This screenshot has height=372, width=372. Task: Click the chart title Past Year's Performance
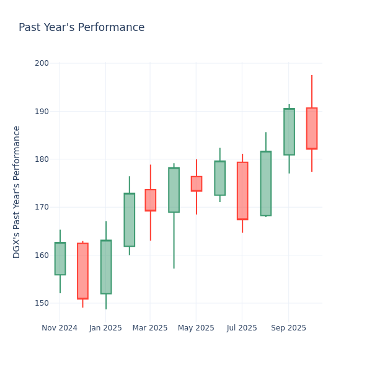81,28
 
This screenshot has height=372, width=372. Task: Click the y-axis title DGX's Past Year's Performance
17,192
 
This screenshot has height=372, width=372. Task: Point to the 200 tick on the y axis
42,63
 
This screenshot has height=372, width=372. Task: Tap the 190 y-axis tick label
42,112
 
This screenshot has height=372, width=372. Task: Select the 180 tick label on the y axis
42,159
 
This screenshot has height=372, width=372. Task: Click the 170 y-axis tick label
42,207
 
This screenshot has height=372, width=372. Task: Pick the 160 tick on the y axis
42,255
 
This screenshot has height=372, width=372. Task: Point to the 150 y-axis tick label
42,303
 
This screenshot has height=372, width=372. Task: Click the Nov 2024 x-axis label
60,328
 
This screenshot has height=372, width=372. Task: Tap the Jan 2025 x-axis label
105,328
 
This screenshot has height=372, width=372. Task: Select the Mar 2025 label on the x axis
150,328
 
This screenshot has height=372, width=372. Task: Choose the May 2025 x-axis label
196,328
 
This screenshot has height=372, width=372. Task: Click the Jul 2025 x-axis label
242,328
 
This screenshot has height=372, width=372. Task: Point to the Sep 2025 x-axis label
288,328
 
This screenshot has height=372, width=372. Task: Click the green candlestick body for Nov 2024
60,259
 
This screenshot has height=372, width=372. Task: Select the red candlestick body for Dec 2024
82,271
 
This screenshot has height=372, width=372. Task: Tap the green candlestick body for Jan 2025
106,267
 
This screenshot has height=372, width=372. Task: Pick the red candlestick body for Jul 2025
242,191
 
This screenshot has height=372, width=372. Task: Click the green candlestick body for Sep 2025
289,132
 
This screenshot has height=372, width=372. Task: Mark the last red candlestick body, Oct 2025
311,128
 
